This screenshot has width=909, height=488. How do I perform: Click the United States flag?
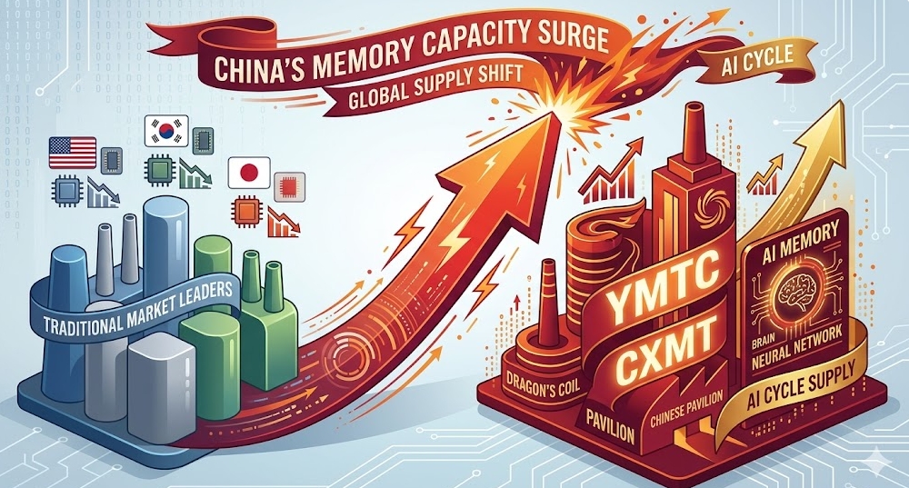(73, 153)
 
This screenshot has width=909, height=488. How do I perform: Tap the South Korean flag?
(165, 130)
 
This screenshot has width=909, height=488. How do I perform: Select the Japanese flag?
(249, 172)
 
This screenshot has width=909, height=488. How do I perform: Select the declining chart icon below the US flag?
(104, 193)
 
